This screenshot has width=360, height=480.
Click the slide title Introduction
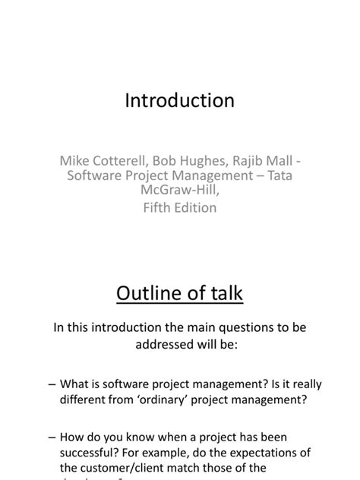(x=179, y=101)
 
